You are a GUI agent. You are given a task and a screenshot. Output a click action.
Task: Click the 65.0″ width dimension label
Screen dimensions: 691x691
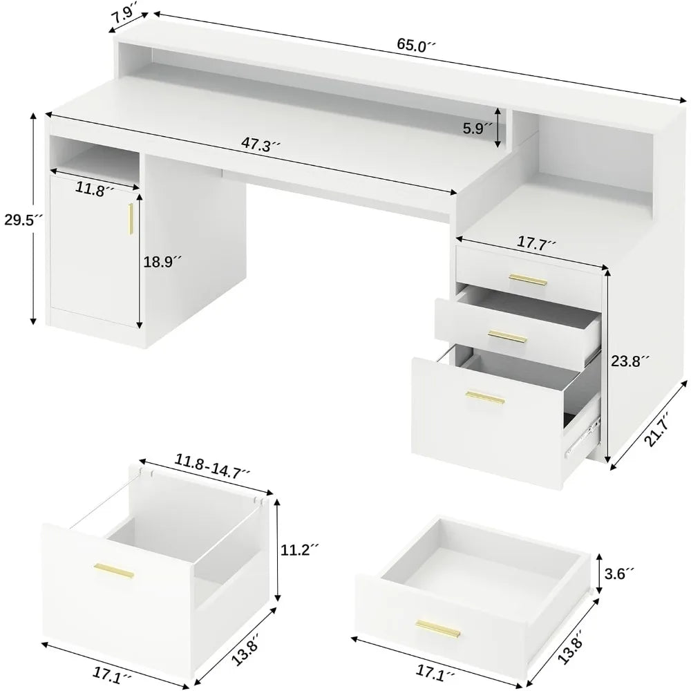click(417, 45)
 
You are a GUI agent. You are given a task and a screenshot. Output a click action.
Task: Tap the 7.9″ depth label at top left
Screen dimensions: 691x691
click(124, 15)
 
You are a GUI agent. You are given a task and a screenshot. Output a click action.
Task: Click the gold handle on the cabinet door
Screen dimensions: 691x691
click(129, 218)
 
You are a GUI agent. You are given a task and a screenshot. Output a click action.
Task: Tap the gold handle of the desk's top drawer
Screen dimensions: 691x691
click(527, 279)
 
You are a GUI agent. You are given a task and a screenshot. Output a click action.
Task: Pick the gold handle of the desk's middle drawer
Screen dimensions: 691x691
click(507, 336)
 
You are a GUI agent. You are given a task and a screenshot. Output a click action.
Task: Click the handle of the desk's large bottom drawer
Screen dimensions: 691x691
click(484, 397)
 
